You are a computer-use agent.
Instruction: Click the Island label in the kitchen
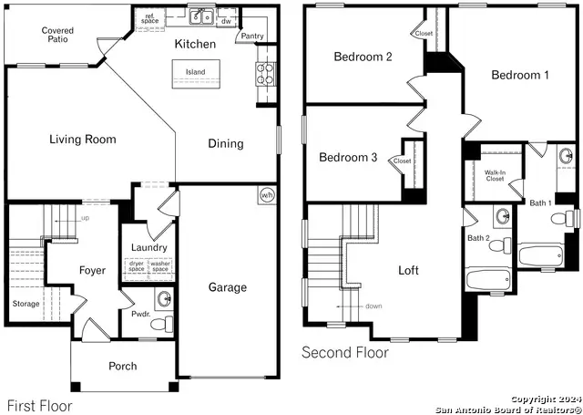[195, 72]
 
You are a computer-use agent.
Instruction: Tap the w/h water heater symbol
[266, 194]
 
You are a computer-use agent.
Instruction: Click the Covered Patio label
[57, 36]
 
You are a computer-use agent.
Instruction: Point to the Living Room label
[82, 140]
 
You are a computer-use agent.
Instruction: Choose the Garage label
[227, 287]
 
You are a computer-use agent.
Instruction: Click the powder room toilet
[160, 323]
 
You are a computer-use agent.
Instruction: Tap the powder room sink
[164, 298]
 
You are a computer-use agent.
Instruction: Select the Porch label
[123, 366]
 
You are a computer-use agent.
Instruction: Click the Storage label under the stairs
[26, 304]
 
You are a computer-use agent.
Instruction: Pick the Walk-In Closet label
[495, 175]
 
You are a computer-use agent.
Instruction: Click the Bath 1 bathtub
[541, 254]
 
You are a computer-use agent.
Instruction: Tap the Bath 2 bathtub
[489, 279]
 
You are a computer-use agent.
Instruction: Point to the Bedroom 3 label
[348, 158]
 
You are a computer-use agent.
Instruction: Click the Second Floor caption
[344, 352]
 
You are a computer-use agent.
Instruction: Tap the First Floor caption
[39, 405]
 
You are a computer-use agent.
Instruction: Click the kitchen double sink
[201, 16]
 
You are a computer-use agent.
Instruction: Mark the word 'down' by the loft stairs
[373, 306]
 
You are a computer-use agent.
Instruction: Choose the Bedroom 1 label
[520, 75]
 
